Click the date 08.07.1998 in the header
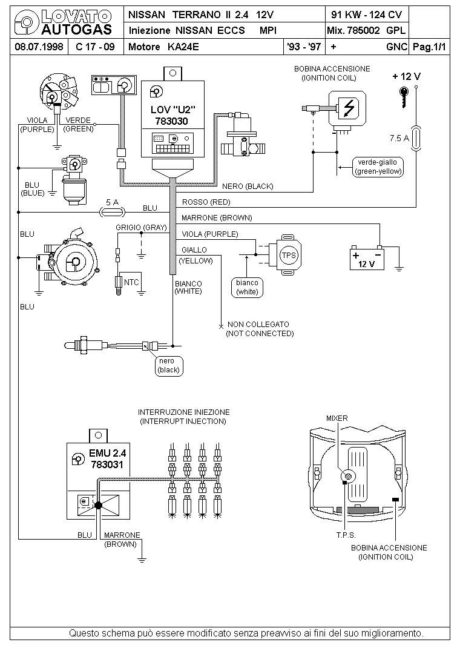pyautogui.click(x=39, y=47)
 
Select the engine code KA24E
pyautogui.click(x=183, y=47)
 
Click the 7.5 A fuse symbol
pyautogui.click(x=416, y=137)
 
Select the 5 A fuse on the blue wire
pyautogui.click(x=113, y=213)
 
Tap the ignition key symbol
pyautogui.click(x=404, y=97)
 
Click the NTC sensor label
pyautogui.click(x=131, y=282)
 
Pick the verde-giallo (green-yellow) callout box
pyautogui.click(x=378, y=167)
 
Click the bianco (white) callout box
pyautogui.click(x=247, y=287)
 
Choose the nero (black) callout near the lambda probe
pyautogui.click(x=169, y=365)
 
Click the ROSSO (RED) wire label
pyautogui.click(x=206, y=202)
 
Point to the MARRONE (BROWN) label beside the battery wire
pyautogui.click(x=216, y=218)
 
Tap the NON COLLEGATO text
pyautogui.click(x=258, y=325)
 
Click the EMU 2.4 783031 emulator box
pyautogui.click(x=99, y=481)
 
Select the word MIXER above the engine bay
pyautogui.click(x=337, y=418)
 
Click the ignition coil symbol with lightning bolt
pyautogui.click(x=347, y=108)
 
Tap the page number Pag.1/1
pyautogui.click(x=429, y=47)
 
